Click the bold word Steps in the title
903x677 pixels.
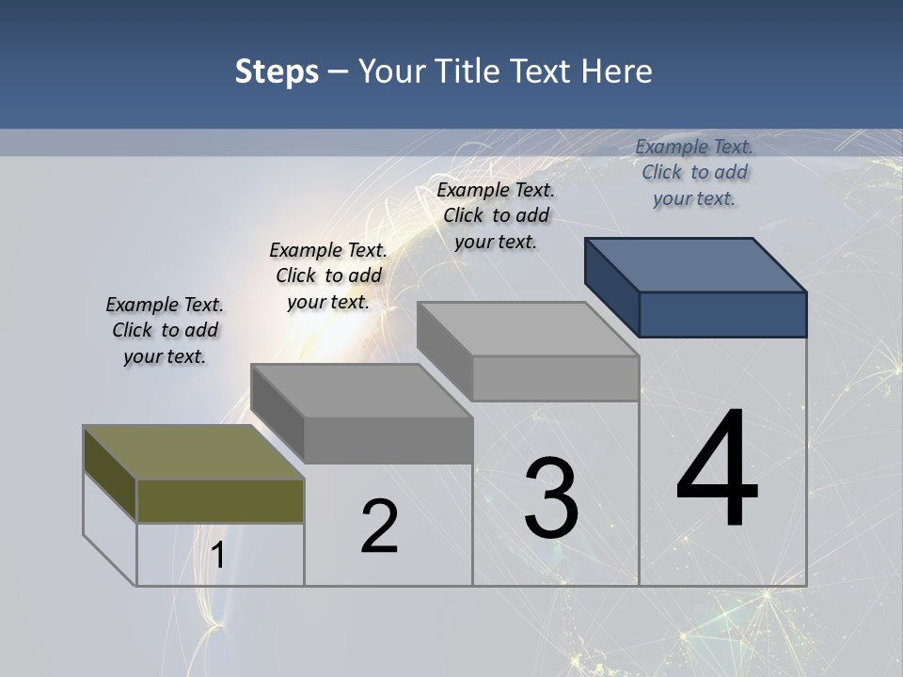(277, 71)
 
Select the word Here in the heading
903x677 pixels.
(618, 71)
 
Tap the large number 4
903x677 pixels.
(717, 470)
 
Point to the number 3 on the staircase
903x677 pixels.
(551, 498)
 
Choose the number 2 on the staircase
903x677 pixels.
(379, 527)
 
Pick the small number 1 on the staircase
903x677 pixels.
(217, 556)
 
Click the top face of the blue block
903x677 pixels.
(696, 264)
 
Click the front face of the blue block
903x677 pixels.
(722, 314)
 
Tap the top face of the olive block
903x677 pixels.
(193, 452)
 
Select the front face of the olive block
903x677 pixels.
(220, 500)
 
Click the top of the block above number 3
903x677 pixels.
(528, 329)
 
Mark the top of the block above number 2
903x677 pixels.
(361, 390)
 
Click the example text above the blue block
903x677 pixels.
(694, 172)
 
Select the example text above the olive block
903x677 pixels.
(165, 330)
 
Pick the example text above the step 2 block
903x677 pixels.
(328, 276)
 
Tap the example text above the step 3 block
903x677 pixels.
(496, 215)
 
